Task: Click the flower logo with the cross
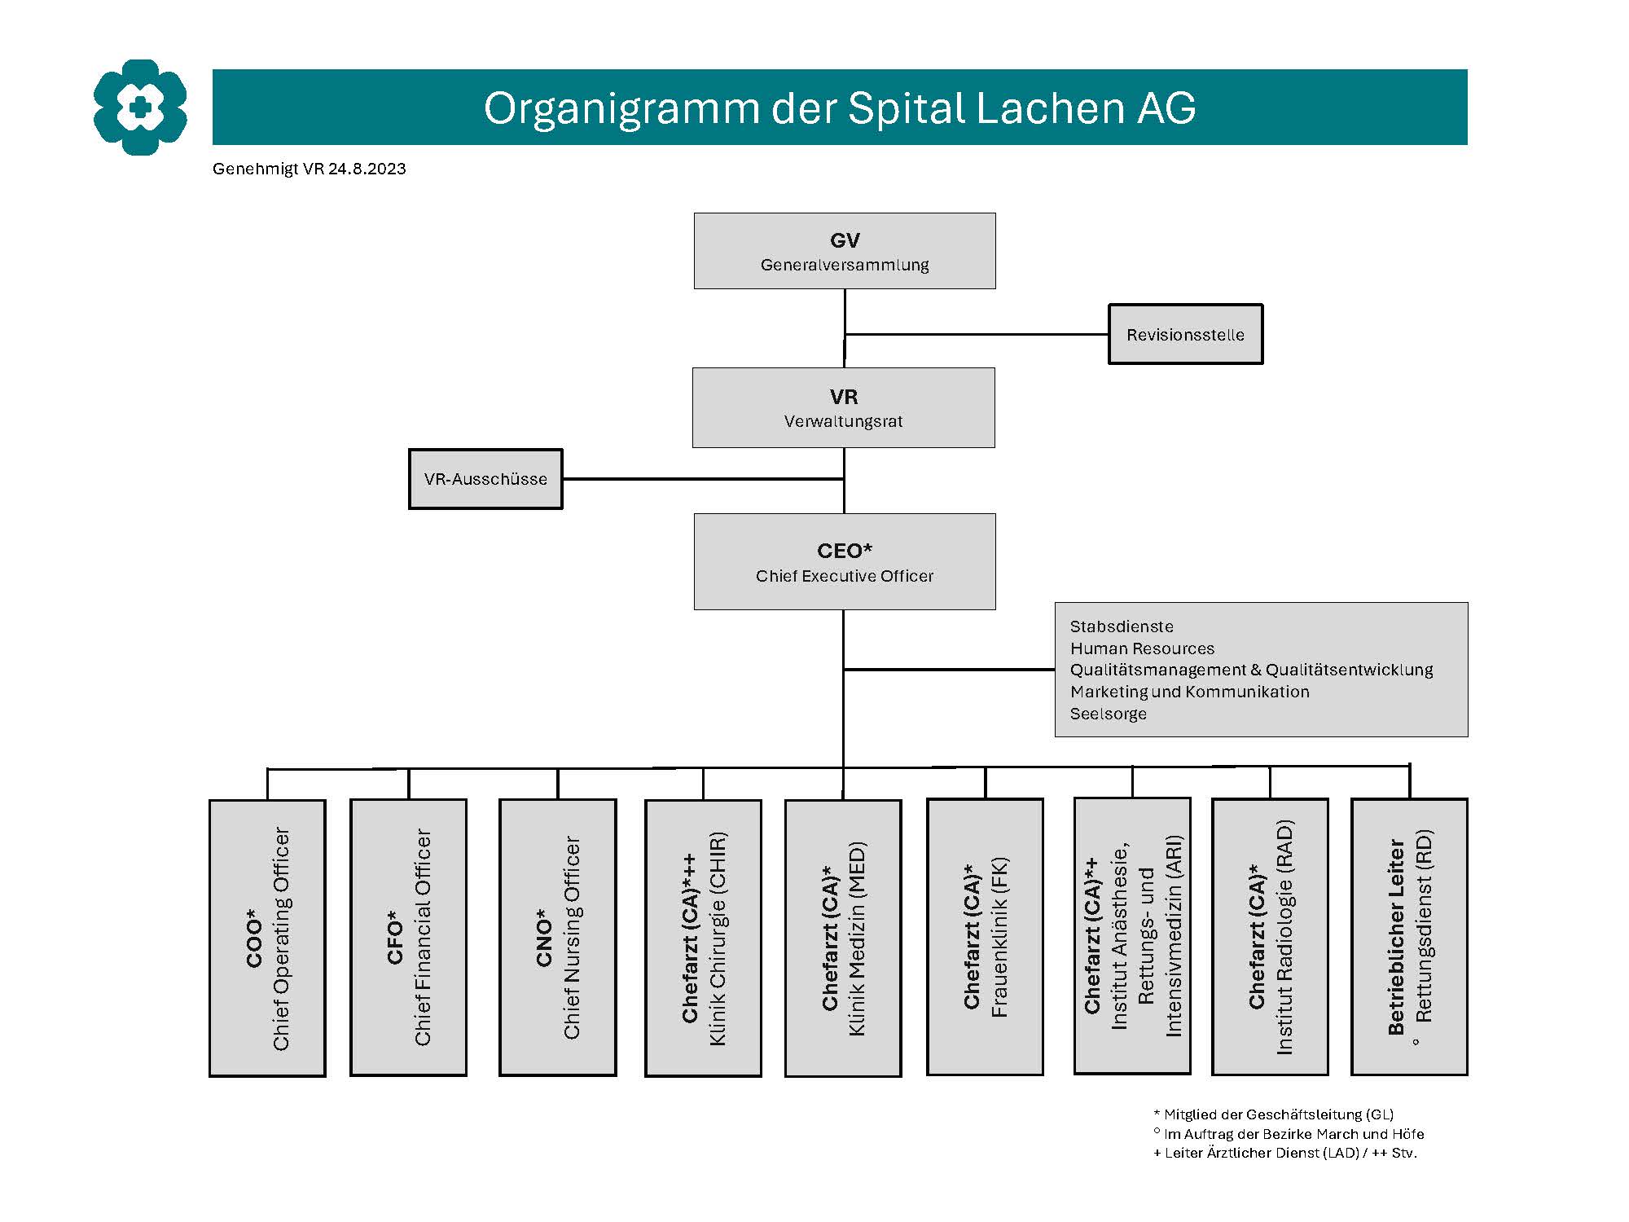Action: tap(140, 107)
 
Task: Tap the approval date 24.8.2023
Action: tap(367, 169)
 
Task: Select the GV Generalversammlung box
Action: tap(845, 251)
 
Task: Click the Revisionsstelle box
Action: tap(1185, 334)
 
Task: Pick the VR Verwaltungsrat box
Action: tap(844, 407)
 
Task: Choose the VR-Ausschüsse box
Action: tap(485, 479)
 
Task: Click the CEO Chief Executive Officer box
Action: tap(845, 561)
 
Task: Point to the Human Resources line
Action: tap(1142, 648)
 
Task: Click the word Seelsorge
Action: tap(1109, 714)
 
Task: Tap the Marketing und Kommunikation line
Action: tap(1190, 692)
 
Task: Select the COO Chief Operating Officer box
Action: tap(267, 938)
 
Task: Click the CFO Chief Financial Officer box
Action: tap(408, 937)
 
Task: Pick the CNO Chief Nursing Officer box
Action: tap(558, 937)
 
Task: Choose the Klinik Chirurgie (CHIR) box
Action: tap(703, 938)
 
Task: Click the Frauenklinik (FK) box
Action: tap(986, 937)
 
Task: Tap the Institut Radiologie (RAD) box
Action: tap(1270, 937)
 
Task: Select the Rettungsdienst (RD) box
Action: tap(1409, 937)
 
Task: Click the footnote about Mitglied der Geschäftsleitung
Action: tap(1274, 1114)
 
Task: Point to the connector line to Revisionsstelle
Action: tap(977, 334)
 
